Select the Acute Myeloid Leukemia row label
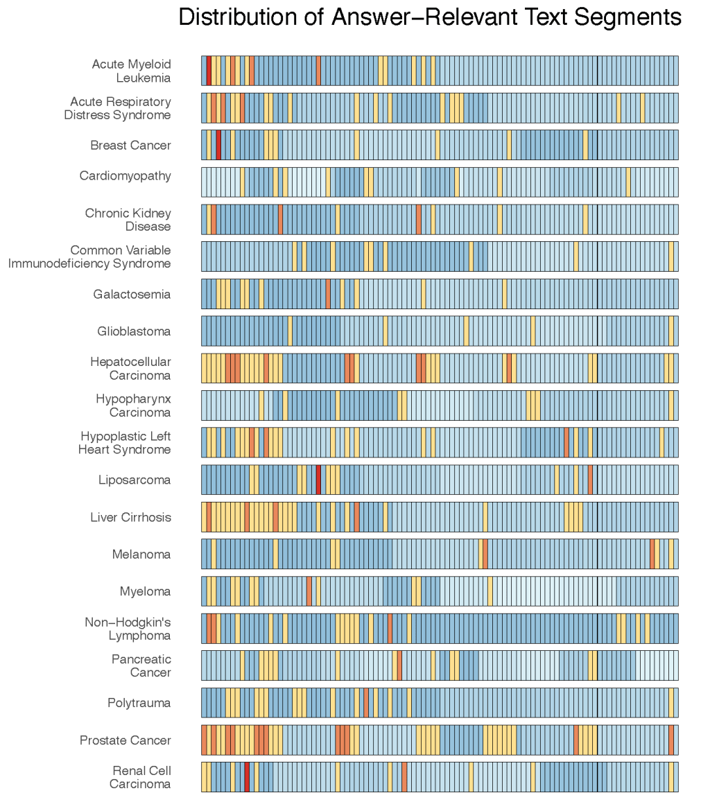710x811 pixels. (132, 71)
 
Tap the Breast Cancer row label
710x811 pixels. (130, 146)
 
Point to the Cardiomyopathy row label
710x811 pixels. (125, 176)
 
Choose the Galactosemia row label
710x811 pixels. (132, 295)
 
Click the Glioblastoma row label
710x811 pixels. (134, 331)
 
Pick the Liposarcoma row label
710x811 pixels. (135, 480)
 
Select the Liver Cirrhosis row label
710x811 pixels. (130, 517)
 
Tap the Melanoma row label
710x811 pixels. (141, 555)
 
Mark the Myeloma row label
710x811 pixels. (145, 591)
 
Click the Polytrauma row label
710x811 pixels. (139, 703)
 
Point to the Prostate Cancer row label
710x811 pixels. (125, 740)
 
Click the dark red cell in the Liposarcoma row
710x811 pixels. (318, 480)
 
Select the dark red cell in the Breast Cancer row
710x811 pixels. (218, 145)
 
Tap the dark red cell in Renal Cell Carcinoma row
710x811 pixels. (247, 777)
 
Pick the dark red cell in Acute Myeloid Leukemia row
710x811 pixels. (209, 71)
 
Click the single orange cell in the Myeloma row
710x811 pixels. (309, 591)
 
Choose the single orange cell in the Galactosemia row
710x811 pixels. (328, 294)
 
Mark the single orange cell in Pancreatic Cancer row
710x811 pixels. (399, 665)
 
